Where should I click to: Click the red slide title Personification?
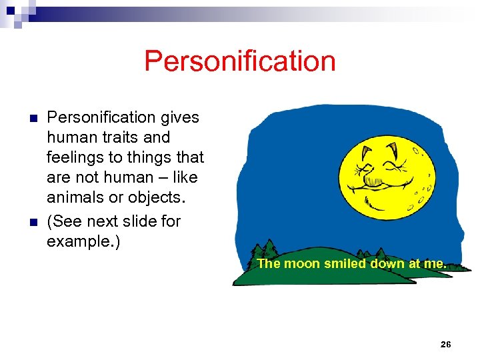pyautogui.click(x=239, y=61)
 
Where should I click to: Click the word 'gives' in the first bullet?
pyautogui.click(x=179, y=118)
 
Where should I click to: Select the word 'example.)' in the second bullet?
pyautogui.click(x=83, y=240)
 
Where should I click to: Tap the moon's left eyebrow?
pyautogui.click(x=366, y=149)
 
